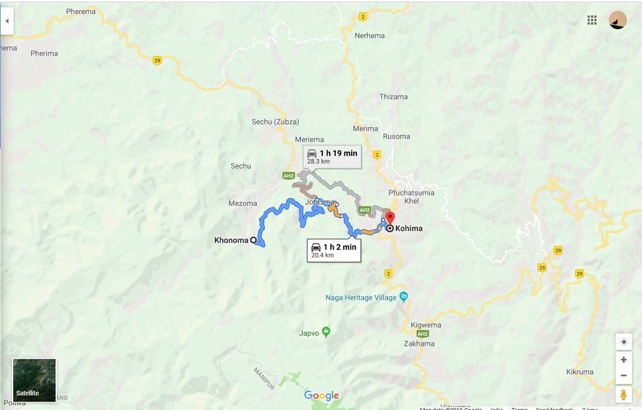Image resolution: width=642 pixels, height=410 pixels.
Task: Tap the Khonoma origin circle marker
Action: (253, 241)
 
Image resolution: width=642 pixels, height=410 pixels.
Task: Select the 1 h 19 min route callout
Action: (332, 157)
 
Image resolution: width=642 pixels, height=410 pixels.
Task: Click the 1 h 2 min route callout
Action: (333, 251)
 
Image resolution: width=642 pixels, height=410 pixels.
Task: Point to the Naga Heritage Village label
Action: (361, 298)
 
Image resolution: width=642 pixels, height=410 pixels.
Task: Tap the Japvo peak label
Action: (309, 332)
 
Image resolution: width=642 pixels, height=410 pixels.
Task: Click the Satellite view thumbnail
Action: (35, 380)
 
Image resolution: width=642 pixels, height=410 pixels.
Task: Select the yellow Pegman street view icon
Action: (623, 395)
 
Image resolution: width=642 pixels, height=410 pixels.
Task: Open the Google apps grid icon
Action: (592, 20)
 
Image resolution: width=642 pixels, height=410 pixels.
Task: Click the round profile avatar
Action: (618, 20)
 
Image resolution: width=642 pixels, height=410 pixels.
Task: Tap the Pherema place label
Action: (81, 12)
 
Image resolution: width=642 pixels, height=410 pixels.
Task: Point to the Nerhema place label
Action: (370, 35)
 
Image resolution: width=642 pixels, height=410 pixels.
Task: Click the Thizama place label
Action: (393, 97)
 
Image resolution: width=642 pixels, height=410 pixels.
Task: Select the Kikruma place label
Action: (579, 372)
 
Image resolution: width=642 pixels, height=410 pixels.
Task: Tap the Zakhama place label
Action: (419, 344)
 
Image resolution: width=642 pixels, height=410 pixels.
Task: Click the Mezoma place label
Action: (242, 204)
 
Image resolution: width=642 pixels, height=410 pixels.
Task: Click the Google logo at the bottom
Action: (322, 396)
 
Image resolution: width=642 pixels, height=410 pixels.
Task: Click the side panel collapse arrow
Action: (7, 21)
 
